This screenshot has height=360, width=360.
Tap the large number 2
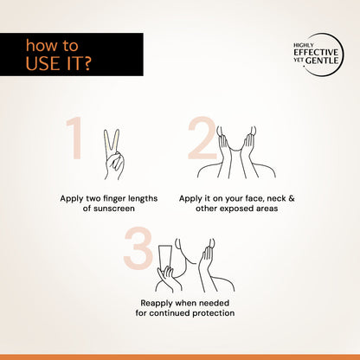point(202,138)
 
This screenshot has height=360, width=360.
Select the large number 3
point(138,248)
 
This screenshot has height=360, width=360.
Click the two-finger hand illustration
point(113,155)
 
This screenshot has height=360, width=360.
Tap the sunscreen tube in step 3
point(166,258)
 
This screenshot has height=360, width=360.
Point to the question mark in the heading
point(87,63)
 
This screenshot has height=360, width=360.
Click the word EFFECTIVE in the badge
point(316,53)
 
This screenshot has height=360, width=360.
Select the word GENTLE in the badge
point(322,61)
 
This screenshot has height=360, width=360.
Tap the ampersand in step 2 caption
point(292,198)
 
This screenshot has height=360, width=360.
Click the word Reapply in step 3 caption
point(157,304)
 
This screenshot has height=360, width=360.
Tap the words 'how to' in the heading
point(52,46)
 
